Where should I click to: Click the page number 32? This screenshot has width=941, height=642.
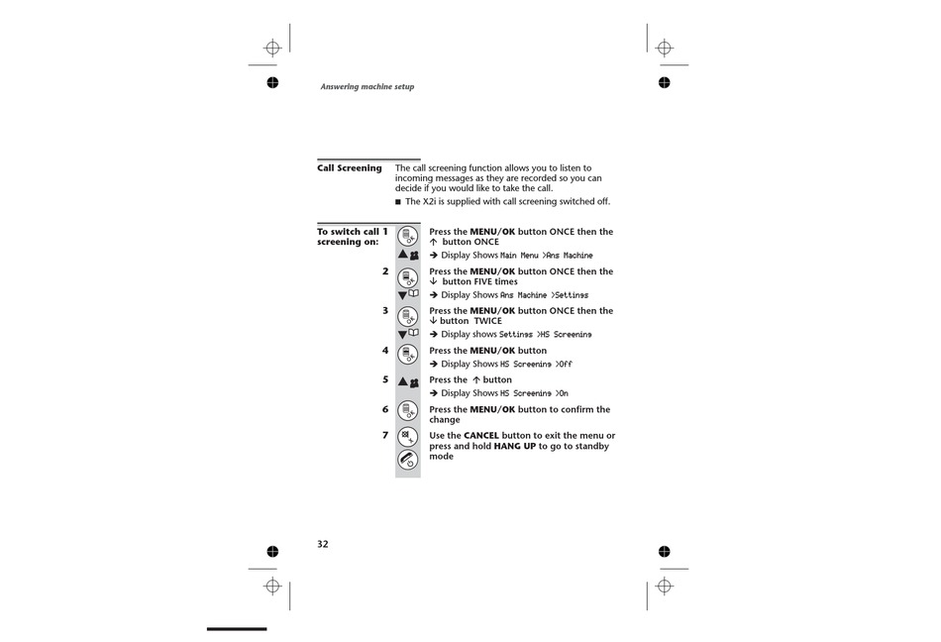pos(323,544)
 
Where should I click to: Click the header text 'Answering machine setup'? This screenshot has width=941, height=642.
pos(366,87)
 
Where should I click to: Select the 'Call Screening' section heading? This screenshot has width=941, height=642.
pos(349,168)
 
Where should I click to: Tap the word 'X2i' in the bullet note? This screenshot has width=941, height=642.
pos(430,201)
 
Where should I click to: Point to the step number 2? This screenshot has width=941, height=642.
pos(385,271)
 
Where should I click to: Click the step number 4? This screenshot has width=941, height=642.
pos(385,351)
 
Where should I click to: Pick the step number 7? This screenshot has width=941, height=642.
pos(385,436)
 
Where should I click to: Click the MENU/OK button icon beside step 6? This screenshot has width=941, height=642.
pos(407,411)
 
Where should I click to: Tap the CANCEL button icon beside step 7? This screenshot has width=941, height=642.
pos(407,437)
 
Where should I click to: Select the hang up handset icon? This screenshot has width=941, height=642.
pos(407,460)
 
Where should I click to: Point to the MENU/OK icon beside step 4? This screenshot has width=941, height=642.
pos(407,354)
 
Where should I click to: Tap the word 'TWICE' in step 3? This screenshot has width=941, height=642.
pos(487,321)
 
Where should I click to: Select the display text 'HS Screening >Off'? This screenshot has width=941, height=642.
pos(536,365)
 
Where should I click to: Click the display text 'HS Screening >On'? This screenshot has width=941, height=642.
pos(534,393)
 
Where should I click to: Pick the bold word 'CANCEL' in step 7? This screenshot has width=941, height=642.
pos(481,436)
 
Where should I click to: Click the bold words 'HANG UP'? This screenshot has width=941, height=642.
pos(515,446)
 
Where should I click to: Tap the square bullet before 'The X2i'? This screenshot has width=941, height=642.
pos(398,202)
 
